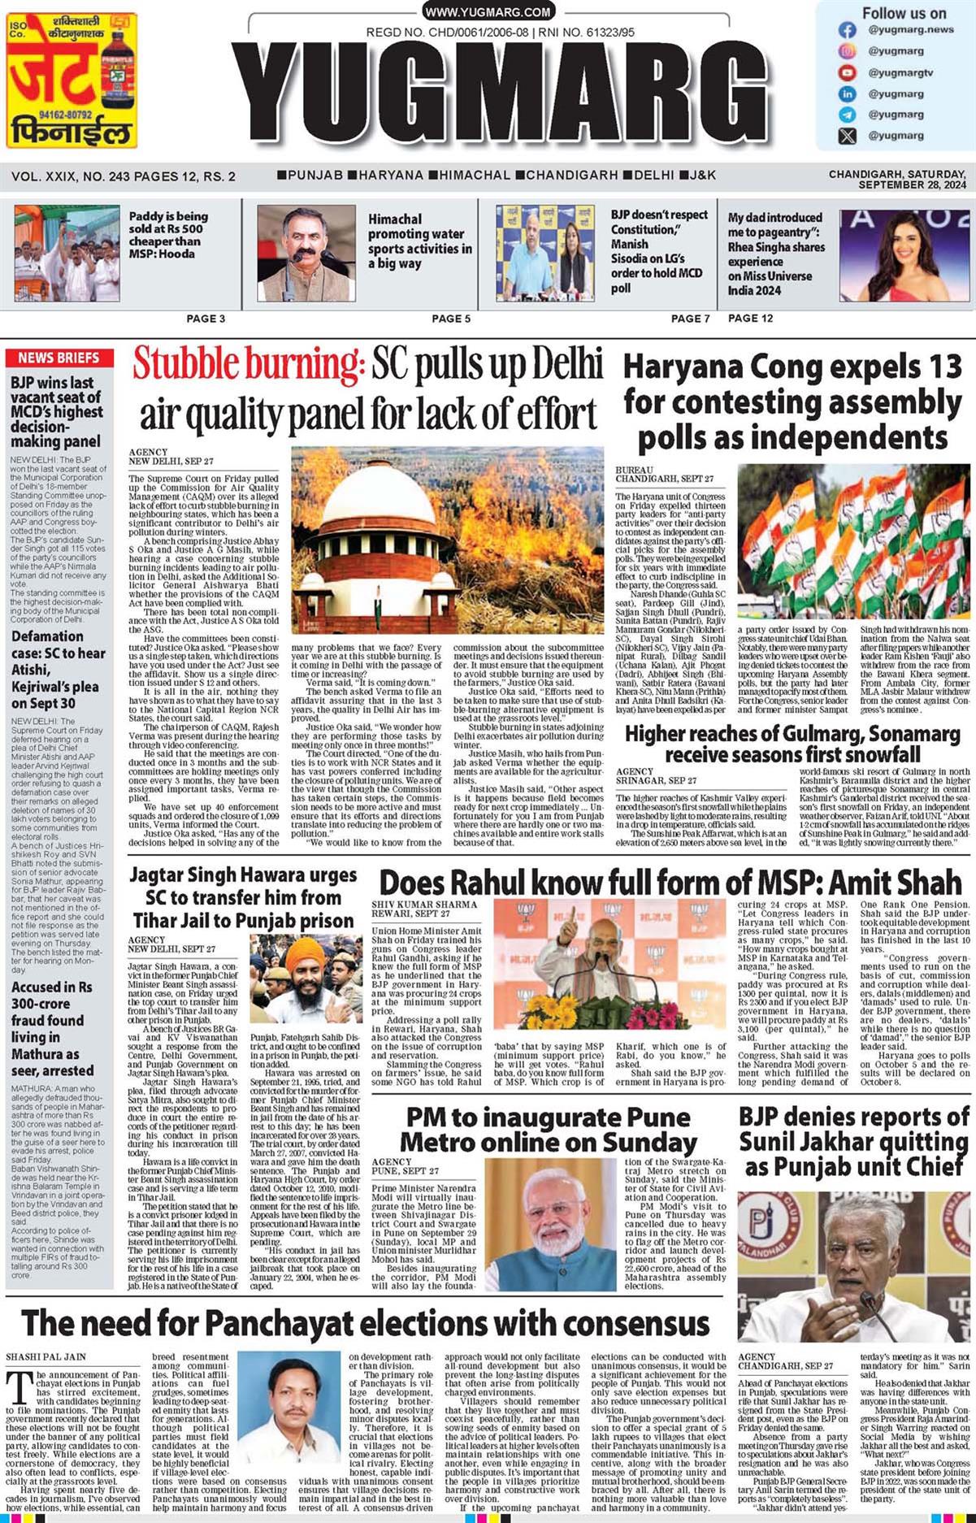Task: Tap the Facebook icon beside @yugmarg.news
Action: click(847, 30)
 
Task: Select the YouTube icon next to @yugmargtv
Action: click(847, 72)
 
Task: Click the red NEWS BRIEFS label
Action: click(59, 358)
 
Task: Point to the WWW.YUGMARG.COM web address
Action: click(488, 11)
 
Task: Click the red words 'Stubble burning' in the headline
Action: click(248, 363)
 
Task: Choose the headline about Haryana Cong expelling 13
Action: click(792, 401)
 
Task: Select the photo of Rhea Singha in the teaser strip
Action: click(902, 256)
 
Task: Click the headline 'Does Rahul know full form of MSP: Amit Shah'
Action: click(670, 882)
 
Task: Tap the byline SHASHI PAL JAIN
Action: click(46, 1356)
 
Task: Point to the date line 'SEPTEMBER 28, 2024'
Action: click(912, 185)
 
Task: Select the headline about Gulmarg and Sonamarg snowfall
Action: click(792, 744)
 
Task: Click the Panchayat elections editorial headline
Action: click(365, 1323)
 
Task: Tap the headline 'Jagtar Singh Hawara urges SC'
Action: click(243, 898)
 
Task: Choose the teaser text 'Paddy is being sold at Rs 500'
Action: click(167, 235)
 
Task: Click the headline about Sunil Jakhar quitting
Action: click(853, 1142)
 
